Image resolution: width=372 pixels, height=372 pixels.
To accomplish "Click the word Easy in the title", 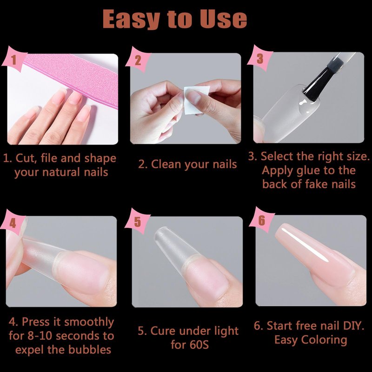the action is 131,20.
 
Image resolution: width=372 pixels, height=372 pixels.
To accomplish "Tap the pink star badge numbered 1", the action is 14,60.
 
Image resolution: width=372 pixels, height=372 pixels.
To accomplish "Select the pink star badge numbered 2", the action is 138,60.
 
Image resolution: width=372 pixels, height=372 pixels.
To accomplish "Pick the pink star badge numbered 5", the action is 137,222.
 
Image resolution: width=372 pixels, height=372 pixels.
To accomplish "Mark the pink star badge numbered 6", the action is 261,220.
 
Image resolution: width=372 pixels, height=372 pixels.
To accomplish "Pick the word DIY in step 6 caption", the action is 353,325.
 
